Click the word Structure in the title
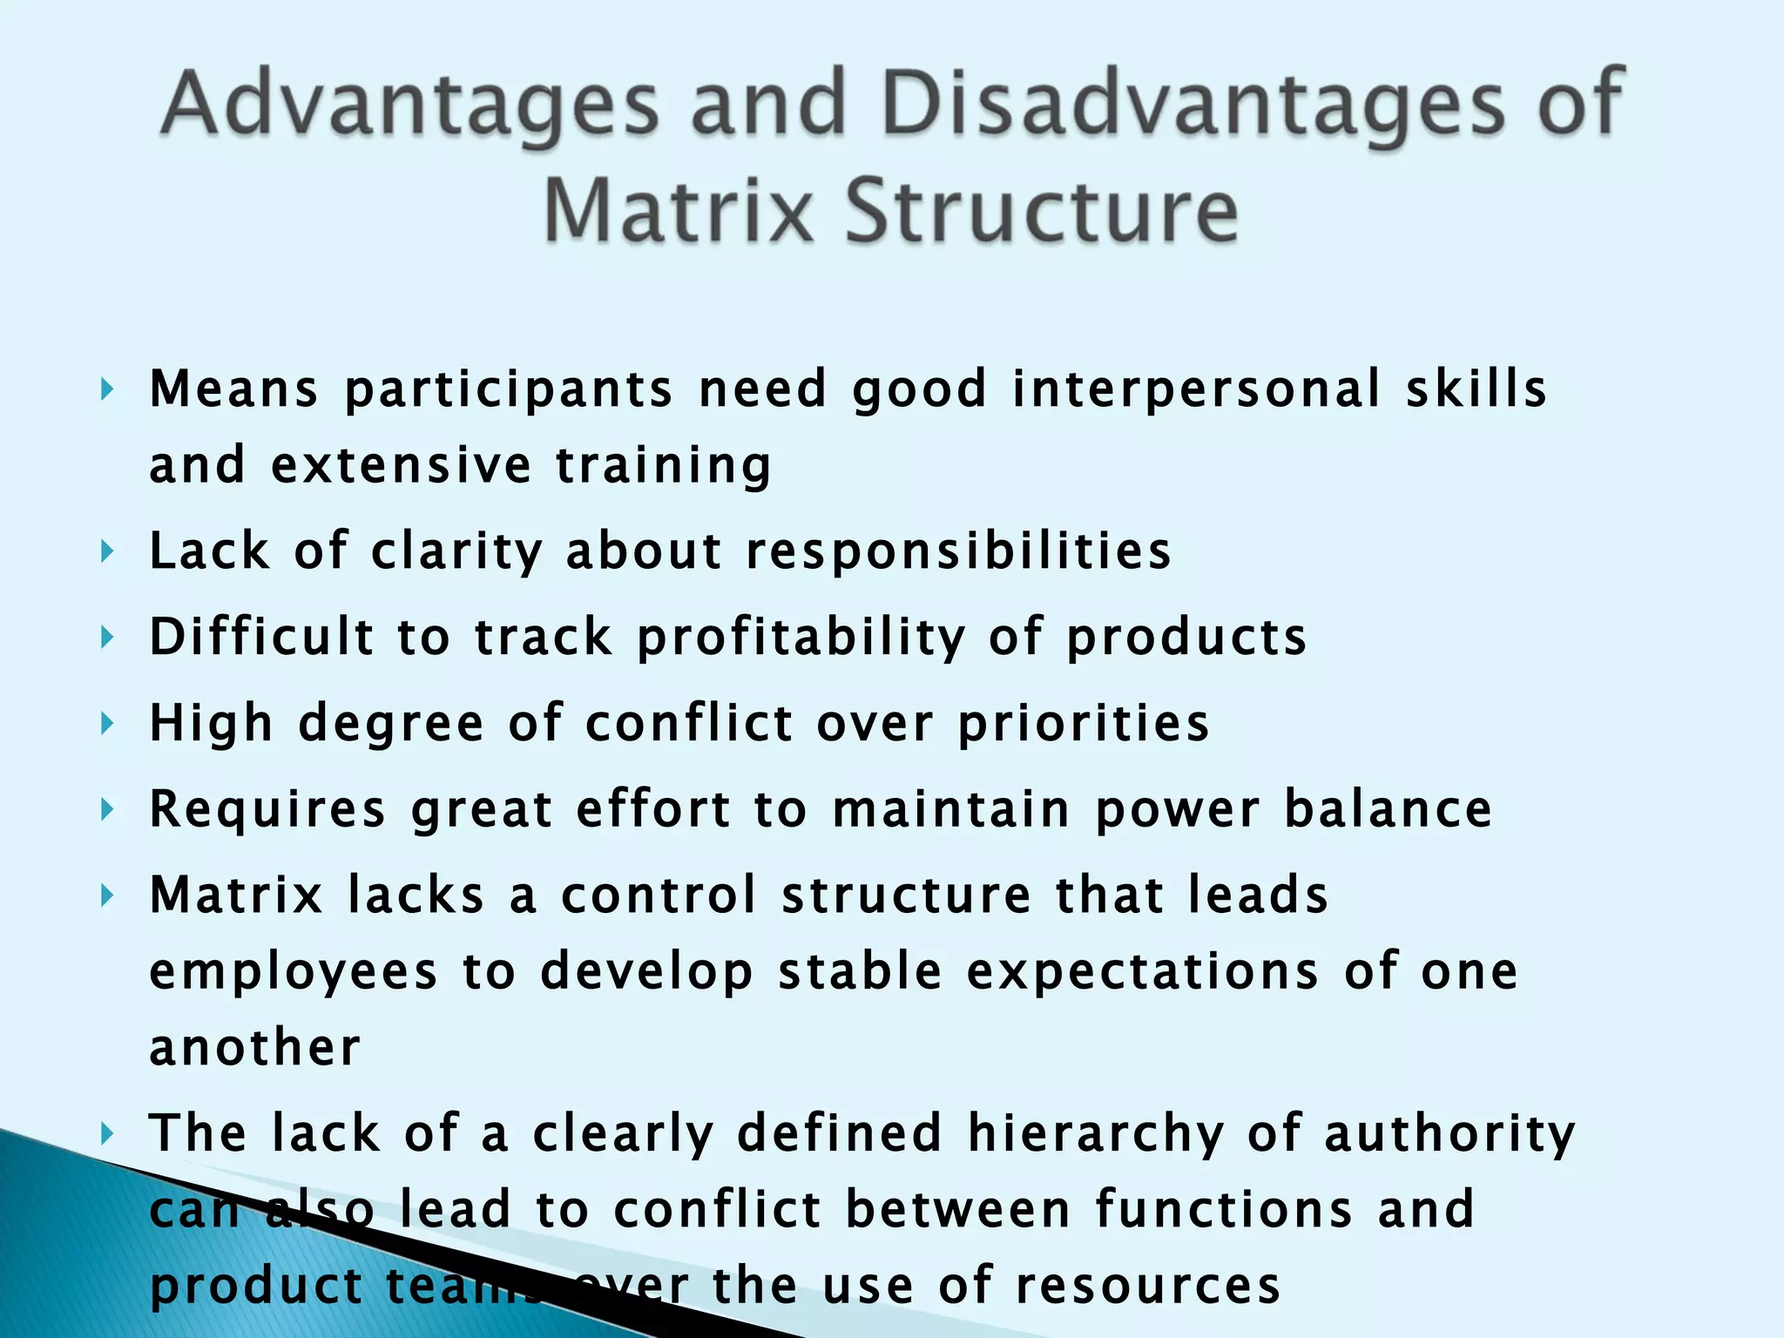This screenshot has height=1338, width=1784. [1042, 212]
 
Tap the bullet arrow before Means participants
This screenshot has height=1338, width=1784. [106, 389]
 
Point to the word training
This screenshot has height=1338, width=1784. [664, 465]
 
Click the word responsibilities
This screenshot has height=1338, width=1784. [958, 551]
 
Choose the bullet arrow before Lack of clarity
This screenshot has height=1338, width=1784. [106, 551]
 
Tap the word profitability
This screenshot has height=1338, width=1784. [801, 638]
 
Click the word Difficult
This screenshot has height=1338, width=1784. [261, 636]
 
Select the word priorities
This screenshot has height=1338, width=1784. [1084, 724]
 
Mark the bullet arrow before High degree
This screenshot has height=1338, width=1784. [106, 723]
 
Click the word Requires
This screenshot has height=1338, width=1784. [267, 809]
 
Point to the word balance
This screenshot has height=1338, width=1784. [1389, 808]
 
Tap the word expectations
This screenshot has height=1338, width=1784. [1143, 971]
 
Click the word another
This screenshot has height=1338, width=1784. [254, 1047]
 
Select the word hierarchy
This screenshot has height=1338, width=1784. [1095, 1134]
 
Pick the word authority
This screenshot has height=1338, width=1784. [1449, 1134]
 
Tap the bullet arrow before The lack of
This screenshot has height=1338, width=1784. [106, 1133]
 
